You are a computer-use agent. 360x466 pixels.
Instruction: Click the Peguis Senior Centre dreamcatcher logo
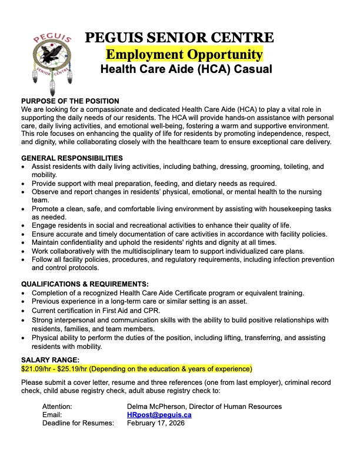(53, 59)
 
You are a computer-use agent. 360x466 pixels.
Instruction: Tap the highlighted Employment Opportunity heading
(184, 55)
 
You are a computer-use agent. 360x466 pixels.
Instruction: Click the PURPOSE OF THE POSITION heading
(70, 102)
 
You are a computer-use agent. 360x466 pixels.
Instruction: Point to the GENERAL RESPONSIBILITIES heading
(72, 158)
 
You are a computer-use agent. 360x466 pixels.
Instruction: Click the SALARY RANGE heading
(49, 360)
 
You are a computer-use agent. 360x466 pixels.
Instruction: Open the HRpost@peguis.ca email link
(159, 415)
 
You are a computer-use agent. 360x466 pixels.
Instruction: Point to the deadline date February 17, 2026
(156, 423)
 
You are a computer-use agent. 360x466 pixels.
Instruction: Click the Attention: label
(57, 407)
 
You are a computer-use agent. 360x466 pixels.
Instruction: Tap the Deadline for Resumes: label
(78, 423)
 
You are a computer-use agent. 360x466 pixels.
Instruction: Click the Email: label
(52, 415)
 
